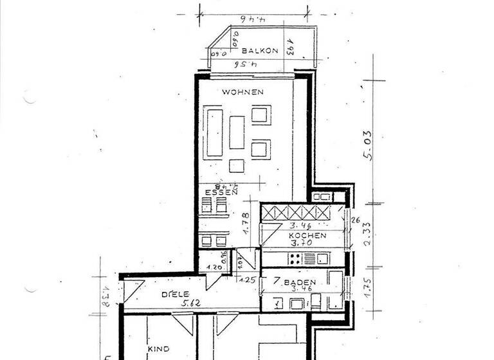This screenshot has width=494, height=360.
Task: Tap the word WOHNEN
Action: pyautogui.click(x=242, y=92)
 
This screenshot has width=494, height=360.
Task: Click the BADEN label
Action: pyautogui.click(x=300, y=282)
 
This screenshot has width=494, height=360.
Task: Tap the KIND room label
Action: pyautogui.click(x=158, y=349)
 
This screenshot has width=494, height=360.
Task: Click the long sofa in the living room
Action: pyautogui.click(x=214, y=134)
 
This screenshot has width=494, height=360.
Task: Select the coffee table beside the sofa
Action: pyautogui.click(x=237, y=132)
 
